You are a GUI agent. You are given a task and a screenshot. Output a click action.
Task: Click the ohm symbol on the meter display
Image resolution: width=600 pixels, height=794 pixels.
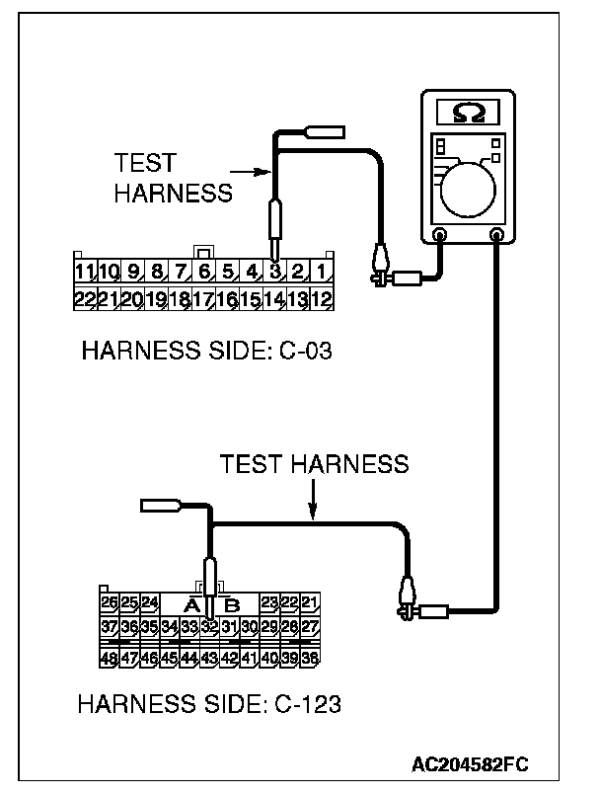pyautogui.click(x=468, y=114)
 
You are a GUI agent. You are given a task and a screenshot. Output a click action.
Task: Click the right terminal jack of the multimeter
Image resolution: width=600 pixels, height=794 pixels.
pyautogui.click(x=496, y=236)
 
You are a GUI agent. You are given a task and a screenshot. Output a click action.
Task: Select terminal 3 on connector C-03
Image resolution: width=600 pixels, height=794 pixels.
pyautogui.click(x=275, y=270)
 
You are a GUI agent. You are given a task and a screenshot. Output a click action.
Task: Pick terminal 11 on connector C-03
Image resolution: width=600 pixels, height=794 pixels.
pyautogui.click(x=85, y=270)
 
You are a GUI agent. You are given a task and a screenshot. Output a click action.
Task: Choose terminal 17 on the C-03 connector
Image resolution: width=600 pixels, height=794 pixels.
pyautogui.click(x=203, y=297)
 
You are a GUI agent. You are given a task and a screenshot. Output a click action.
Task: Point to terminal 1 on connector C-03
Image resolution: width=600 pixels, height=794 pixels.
pyautogui.click(x=323, y=270)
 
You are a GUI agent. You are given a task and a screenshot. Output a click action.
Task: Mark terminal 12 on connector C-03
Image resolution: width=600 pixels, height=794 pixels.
pyautogui.click(x=323, y=297)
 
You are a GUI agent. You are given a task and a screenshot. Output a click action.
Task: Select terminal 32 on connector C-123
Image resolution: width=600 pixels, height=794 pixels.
pyautogui.click(x=209, y=626)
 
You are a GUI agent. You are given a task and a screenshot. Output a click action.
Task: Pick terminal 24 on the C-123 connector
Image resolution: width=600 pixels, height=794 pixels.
pyautogui.click(x=149, y=601)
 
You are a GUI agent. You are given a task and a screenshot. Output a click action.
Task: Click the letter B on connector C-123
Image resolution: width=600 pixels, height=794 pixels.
pyautogui.click(x=233, y=603)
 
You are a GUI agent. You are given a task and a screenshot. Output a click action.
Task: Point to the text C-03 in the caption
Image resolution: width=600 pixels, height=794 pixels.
pyautogui.click(x=298, y=352)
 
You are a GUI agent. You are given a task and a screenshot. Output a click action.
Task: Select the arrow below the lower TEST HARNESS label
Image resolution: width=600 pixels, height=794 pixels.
pyautogui.click(x=313, y=508)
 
